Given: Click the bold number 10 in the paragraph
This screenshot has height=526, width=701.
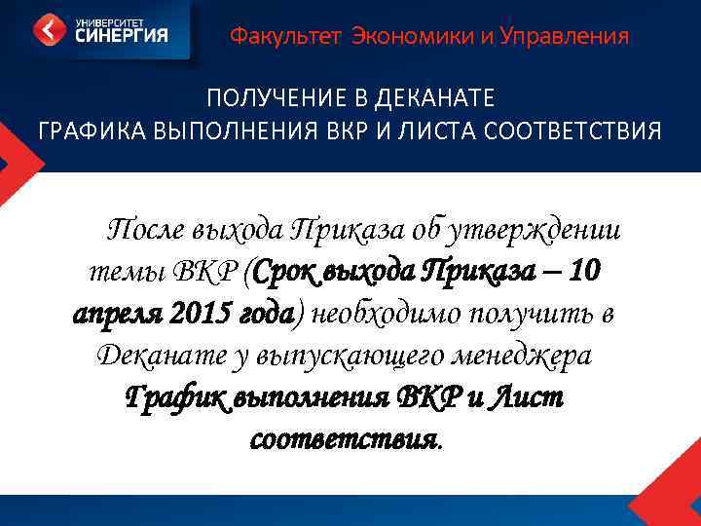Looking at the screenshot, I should click(584, 271).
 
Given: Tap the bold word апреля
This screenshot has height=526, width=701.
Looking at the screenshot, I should click(118, 314).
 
